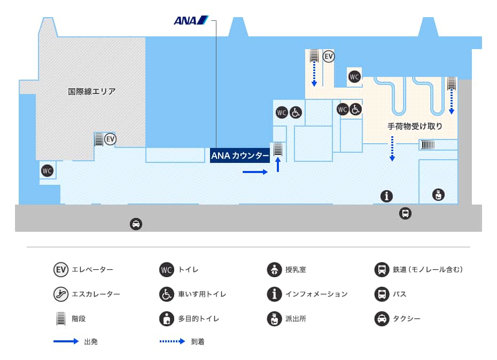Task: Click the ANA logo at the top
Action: (191, 21)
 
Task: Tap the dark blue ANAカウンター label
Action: (240, 155)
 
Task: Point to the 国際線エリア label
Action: (91, 91)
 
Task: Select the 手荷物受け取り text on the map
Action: (415, 127)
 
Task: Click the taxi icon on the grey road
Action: (136, 224)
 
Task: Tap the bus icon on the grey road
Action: (405, 214)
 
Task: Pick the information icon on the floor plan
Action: (386, 196)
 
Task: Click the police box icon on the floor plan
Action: (438, 194)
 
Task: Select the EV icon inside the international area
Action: (110, 139)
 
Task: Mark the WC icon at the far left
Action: (48, 171)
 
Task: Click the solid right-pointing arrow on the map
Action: (255, 172)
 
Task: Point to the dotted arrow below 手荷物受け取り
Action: (392, 148)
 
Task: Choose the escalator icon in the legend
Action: (61, 294)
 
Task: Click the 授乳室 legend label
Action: (296, 270)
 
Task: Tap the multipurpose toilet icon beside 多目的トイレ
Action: (167, 318)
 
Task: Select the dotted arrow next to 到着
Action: (172, 341)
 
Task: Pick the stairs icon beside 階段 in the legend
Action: (61, 318)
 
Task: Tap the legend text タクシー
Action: (407, 319)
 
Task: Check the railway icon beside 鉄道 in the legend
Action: (382, 270)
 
